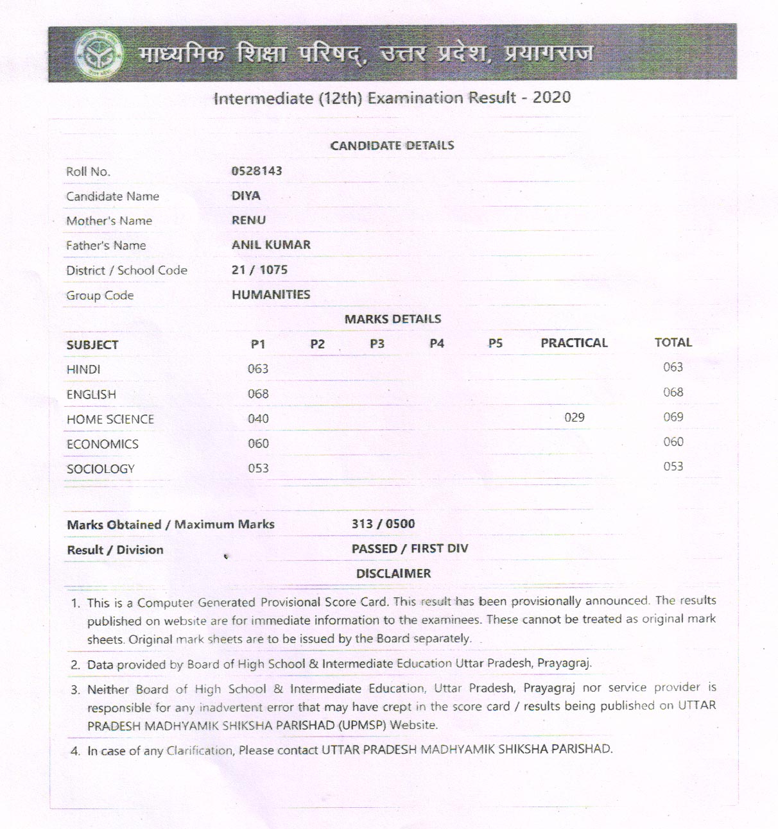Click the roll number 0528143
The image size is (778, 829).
pyautogui.click(x=257, y=171)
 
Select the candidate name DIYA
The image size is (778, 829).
pyautogui.click(x=246, y=196)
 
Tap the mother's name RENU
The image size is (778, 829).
pyautogui.click(x=248, y=220)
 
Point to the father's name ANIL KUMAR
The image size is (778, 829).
pyautogui.click(x=271, y=244)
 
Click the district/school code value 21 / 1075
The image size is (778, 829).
pyautogui.click(x=259, y=269)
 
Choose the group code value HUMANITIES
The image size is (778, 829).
pyautogui.click(x=271, y=295)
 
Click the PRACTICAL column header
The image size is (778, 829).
pyautogui.click(x=574, y=343)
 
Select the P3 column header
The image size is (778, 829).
pyautogui.click(x=377, y=344)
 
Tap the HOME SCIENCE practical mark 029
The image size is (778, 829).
pyautogui.click(x=575, y=418)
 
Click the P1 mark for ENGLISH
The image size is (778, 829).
pyautogui.click(x=258, y=394)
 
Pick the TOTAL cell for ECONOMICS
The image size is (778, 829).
pyautogui.click(x=673, y=441)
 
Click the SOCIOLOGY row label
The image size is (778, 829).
pyautogui.click(x=101, y=469)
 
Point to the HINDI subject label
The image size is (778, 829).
pyautogui.click(x=83, y=370)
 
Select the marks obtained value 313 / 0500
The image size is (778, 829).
pyautogui.click(x=383, y=524)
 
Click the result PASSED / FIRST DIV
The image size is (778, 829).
pyautogui.click(x=410, y=549)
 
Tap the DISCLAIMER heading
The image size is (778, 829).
pyautogui.click(x=393, y=574)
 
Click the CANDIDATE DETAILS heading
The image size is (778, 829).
pyautogui.click(x=392, y=146)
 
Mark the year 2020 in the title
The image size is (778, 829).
pyautogui.click(x=551, y=98)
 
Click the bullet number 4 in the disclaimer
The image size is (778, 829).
pyautogui.click(x=76, y=751)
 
